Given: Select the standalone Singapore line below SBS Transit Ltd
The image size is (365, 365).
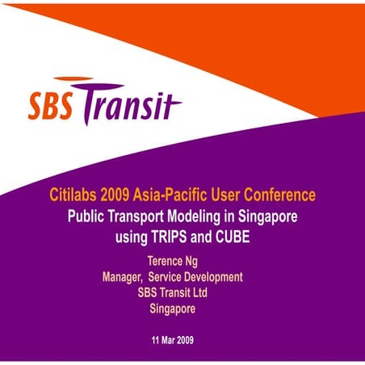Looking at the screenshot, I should coord(174,307).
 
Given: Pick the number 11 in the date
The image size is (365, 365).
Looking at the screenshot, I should coord(157,338).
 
